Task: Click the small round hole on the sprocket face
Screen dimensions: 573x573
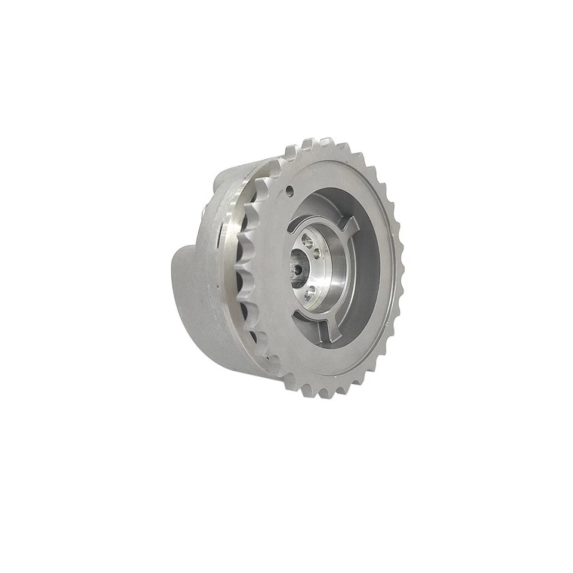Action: (x=289, y=191)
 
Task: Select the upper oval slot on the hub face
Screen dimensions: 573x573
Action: (x=308, y=241)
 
